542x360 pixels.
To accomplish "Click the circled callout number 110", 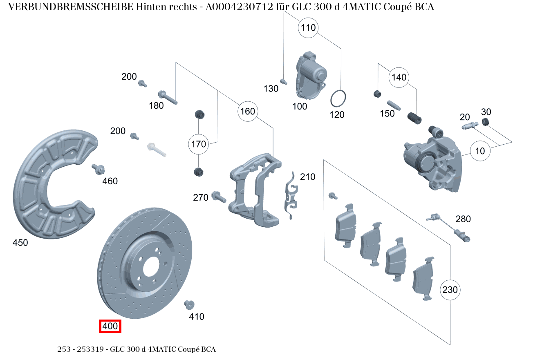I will [309, 28].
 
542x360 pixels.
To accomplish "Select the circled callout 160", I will [247, 112].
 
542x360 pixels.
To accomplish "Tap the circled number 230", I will [450, 290].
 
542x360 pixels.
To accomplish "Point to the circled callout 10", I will [480, 151].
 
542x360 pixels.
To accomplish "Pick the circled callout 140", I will [399, 77].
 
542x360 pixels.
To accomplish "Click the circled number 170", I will [199, 144].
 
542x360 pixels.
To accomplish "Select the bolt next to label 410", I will [189, 304].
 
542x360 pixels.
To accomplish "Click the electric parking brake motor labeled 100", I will [311, 76].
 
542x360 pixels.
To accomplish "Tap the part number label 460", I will [110, 181].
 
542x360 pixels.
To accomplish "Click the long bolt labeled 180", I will [168, 97].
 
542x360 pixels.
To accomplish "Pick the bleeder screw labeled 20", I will [470, 126].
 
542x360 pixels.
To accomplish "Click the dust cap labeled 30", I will [486, 122].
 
